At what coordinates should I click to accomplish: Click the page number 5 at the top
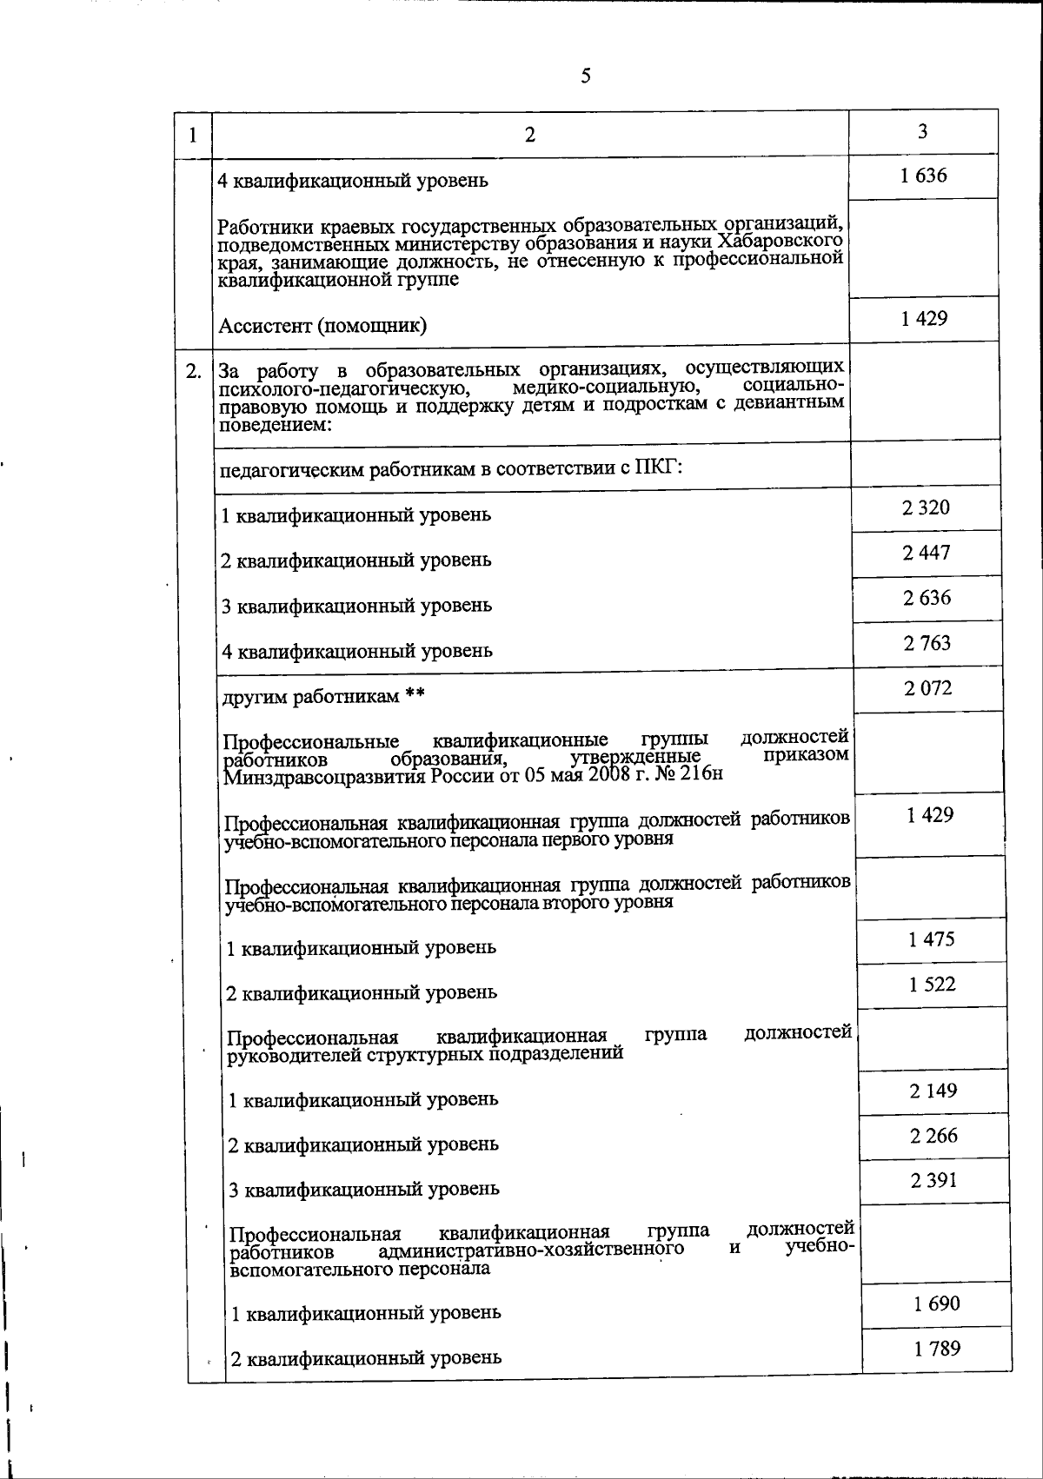(585, 76)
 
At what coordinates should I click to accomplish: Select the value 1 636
(923, 176)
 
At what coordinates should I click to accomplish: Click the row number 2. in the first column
(193, 371)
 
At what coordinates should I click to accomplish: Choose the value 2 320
(927, 507)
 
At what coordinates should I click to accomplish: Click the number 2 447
(927, 553)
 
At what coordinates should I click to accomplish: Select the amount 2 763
(927, 643)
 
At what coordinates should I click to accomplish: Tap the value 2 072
(927, 688)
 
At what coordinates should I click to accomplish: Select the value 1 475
(931, 939)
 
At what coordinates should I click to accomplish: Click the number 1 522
(932, 985)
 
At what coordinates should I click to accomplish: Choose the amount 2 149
(933, 1091)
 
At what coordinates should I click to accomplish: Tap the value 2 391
(934, 1181)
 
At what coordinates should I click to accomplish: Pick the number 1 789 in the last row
(937, 1349)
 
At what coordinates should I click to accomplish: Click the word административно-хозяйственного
(530, 1250)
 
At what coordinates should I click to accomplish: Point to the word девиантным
(792, 403)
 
